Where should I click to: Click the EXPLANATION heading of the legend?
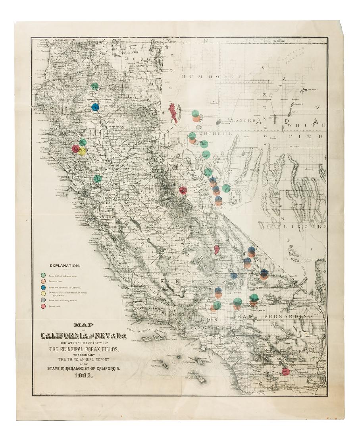65,265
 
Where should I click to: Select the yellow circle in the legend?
42,294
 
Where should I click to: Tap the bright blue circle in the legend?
42,287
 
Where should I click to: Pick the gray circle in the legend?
42,301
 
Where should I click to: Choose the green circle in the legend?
42,275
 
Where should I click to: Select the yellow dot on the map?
82,151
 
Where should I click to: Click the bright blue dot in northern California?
95,106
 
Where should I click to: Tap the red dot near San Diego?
285,371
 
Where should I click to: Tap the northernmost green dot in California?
94,86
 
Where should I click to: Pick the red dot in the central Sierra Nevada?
183,190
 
